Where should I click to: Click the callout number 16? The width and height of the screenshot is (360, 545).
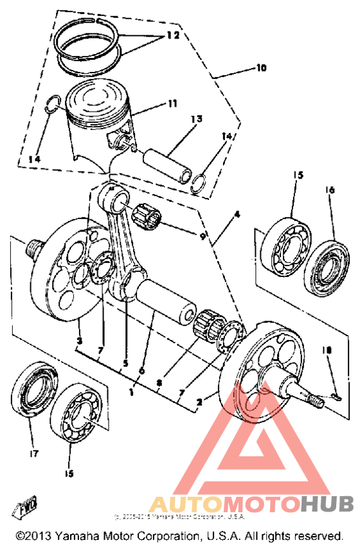pos(331,190)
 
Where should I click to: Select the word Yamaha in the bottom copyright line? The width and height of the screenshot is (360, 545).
pos(80,535)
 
